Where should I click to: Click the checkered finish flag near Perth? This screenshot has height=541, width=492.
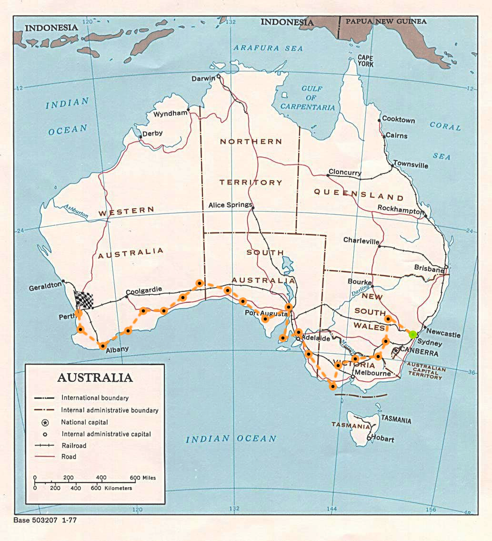click(84, 300)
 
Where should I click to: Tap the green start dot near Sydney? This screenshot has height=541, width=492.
click(413, 334)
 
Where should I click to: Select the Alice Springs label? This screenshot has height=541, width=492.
click(230, 205)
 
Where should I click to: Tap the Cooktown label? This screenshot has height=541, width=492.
click(399, 120)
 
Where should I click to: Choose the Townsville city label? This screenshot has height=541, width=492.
click(411, 165)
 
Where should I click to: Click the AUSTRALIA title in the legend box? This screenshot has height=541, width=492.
click(95, 378)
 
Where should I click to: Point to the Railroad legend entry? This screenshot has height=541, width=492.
click(74, 445)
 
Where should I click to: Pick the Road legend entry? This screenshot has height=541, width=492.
click(69, 456)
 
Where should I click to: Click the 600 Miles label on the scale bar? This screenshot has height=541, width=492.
click(143, 478)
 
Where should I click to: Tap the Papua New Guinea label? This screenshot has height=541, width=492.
click(386, 21)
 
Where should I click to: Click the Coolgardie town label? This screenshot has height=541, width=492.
click(144, 290)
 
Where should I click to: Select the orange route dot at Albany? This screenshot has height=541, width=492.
click(102, 346)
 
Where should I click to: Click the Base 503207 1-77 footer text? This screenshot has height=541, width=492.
click(45, 521)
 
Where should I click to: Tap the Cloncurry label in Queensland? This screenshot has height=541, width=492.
click(345, 173)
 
